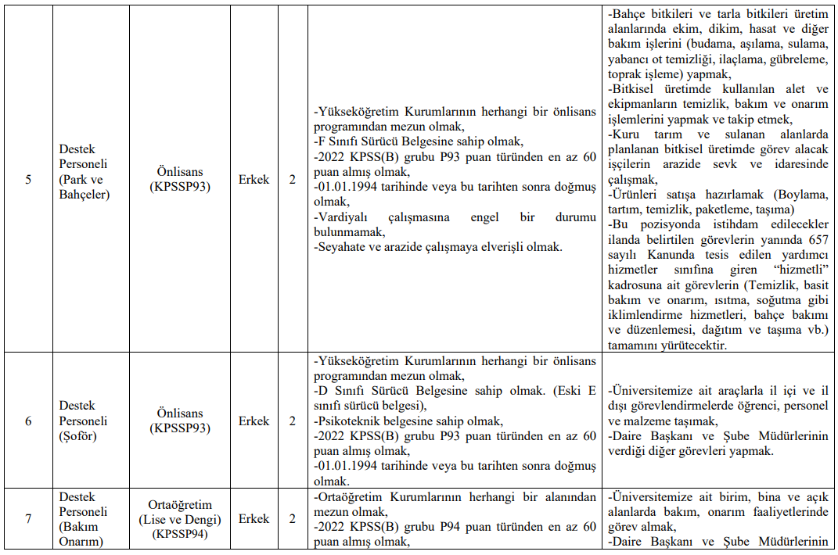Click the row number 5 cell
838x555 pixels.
point(29,179)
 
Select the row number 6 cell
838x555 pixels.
point(29,421)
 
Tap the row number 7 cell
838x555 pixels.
point(29,518)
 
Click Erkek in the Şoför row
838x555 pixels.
point(254,421)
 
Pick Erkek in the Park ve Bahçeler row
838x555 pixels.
point(254,179)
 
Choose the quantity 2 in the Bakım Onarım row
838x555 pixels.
point(293,518)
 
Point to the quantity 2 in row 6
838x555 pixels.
point(293,421)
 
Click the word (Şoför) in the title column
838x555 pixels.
point(78,436)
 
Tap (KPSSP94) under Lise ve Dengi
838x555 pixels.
point(181,534)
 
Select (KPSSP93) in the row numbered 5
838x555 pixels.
point(181,187)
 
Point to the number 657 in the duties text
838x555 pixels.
point(815,239)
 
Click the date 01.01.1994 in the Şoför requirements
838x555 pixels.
point(352,467)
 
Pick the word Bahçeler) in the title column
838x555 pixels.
point(85,194)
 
